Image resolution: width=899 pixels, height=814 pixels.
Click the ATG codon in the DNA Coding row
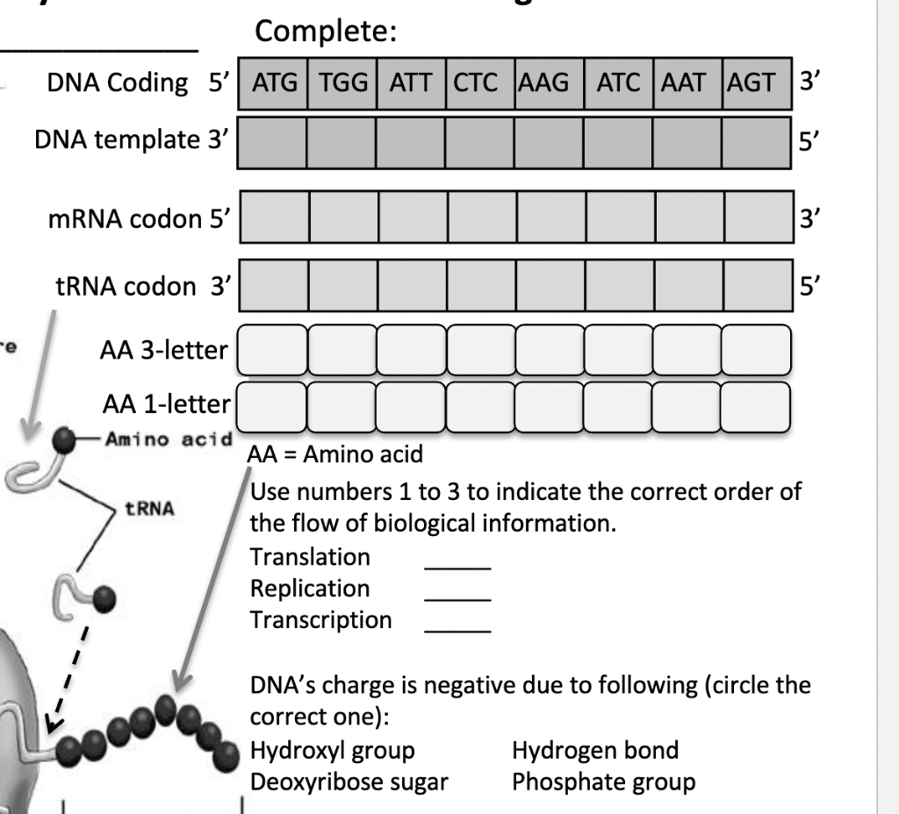[274, 84]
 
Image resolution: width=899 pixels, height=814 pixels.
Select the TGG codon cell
[343, 84]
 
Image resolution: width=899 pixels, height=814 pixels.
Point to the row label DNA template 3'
[131, 139]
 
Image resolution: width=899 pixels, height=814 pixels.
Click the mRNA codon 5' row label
[138, 218]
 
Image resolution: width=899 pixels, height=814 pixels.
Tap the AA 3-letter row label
[163, 351]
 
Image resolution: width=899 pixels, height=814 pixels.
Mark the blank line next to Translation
[457, 566]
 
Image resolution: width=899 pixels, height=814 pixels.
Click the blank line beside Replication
[457, 597]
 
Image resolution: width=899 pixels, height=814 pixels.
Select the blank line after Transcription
[457, 629]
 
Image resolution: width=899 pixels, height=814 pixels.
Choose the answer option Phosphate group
[603, 782]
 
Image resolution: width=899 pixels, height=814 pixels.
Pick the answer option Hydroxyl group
[333, 750]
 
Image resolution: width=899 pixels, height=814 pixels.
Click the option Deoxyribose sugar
[349, 782]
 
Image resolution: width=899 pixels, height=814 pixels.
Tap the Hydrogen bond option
[595, 750]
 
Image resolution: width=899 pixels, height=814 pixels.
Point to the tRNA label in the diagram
[148, 508]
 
